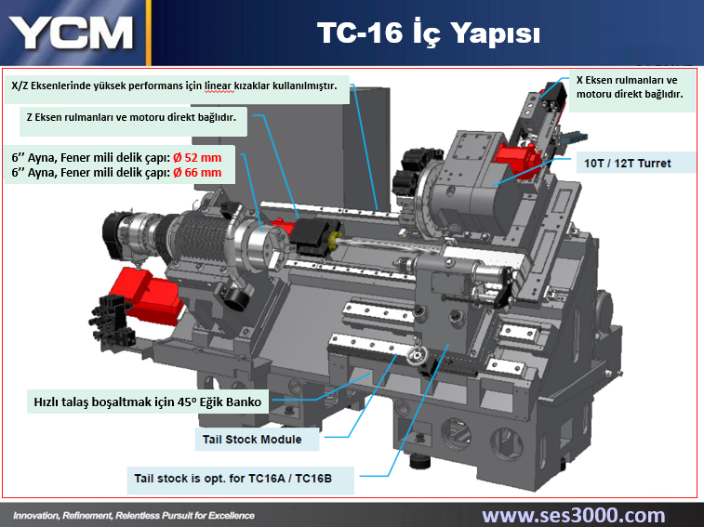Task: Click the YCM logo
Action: [x=72, y=33]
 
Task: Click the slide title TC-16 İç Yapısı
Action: [x=429, y=33]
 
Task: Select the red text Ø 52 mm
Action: [x=197, y=158]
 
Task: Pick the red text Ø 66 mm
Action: [x=197, y=172]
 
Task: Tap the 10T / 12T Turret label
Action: [x=627, y=164]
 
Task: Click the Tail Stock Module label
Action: [x=252, y=440]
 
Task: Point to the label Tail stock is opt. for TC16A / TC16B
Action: [x=233, y=479]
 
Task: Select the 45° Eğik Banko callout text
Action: [x=148, y=402]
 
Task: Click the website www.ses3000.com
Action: [x=574, y=515]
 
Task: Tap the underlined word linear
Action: [x=219, y=86]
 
